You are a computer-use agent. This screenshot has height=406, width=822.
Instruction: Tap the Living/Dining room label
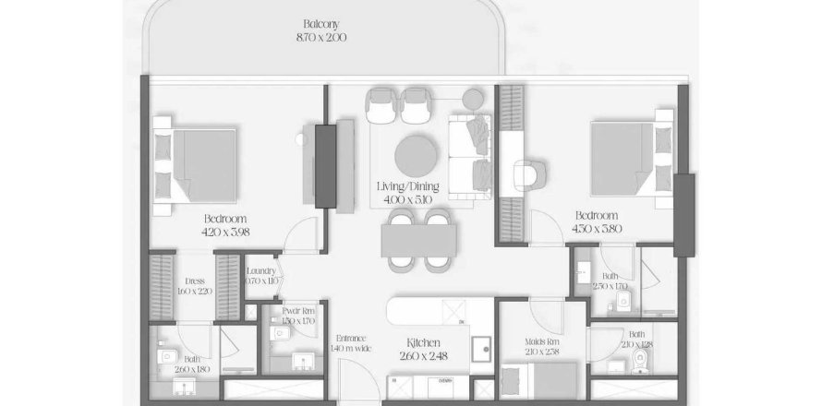407,186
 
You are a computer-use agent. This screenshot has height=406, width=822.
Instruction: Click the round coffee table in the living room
417,155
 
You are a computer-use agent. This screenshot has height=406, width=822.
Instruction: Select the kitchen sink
481,348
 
